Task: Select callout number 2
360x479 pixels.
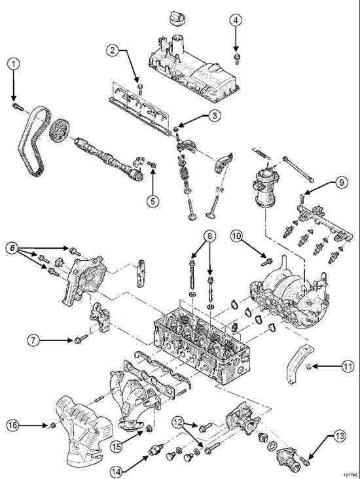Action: [x=113, y=50]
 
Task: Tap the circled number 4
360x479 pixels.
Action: [x=234, y=20]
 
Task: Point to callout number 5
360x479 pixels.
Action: [x=153, y=200]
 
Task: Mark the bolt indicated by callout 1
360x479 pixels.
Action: [x=16, y=104]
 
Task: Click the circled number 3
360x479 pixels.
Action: [x=213, y=116]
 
